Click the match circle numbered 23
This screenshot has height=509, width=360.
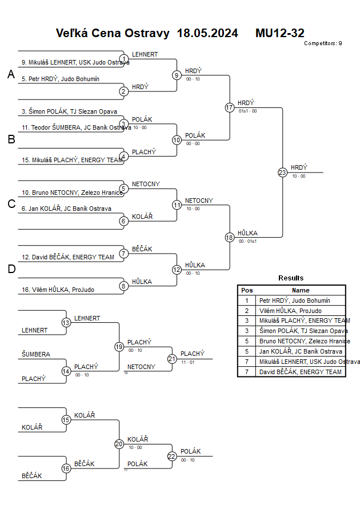tap(282, 172)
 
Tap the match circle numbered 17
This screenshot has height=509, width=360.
tap(230, 107)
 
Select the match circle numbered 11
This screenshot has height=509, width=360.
tap(177, 205)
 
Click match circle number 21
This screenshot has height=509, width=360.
tap(172, 359)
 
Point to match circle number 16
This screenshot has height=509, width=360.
tap(66, 468)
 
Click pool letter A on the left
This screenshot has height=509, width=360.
tap(11, 74)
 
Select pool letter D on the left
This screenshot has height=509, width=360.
tap(11, 269)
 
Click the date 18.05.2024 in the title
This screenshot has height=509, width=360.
tap(207, 33)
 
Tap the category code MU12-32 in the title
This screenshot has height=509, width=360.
tap(280, 33)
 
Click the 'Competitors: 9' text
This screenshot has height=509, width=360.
tap(323, 43)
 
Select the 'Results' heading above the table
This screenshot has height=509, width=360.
tap(291, 278)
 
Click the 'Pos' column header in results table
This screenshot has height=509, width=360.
tap(247, 290)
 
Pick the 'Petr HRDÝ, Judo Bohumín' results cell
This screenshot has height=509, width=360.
tap(294, 300)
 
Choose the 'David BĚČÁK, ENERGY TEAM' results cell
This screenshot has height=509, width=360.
tap(301, 372)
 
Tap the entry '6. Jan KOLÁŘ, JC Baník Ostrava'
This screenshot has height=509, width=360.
tap(66, 209)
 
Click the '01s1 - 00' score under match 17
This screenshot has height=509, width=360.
tap(247, 111)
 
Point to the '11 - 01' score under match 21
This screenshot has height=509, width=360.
tap(187, 362)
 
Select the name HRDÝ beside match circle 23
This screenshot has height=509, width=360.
tap(299, 167)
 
